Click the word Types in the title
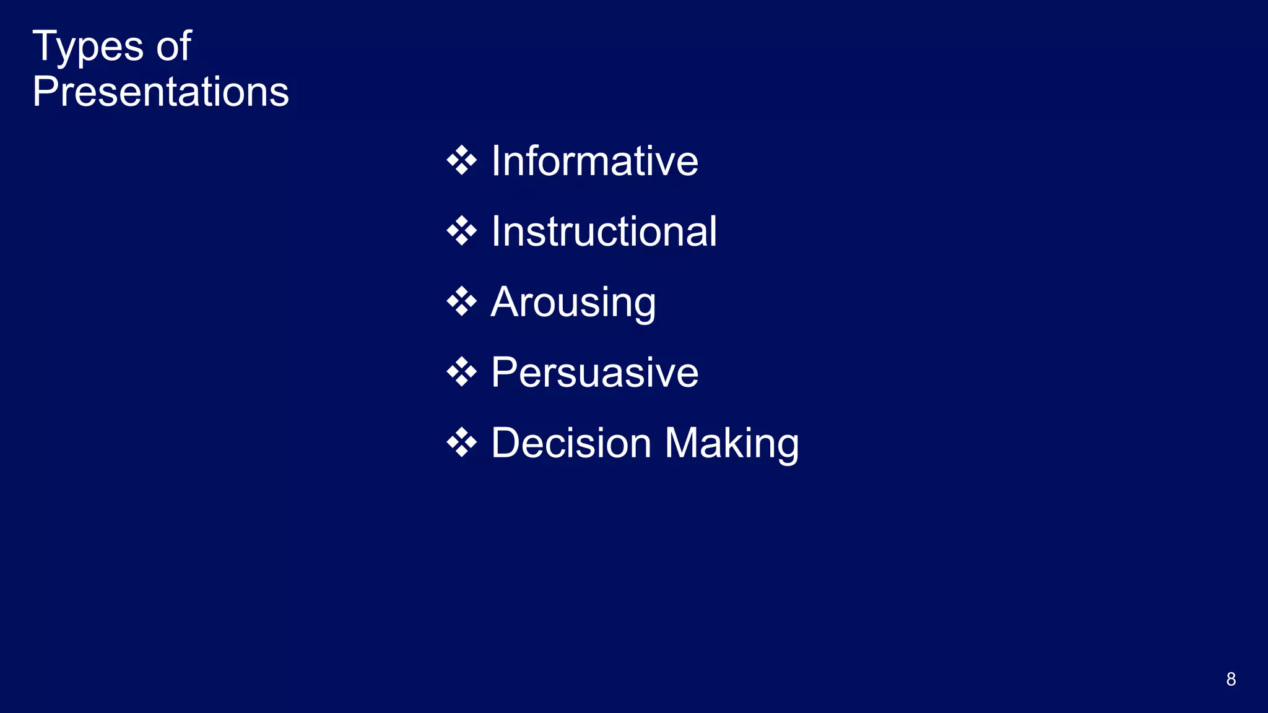tap(88, 47)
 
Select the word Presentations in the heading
tap(160, 92)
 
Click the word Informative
tap(594, 161)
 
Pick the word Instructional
tap(604, 231)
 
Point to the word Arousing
tap(573, 303)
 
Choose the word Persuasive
tap(594, 373)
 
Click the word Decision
tap(571, 443)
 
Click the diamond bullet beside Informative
tap(461, 161)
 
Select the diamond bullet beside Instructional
tap(461, 231)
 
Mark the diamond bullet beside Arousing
tap(461, 303)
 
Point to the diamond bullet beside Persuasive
tap(461, 373)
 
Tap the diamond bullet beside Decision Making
tap(461, 443)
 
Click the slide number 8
tap(1231, 679)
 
